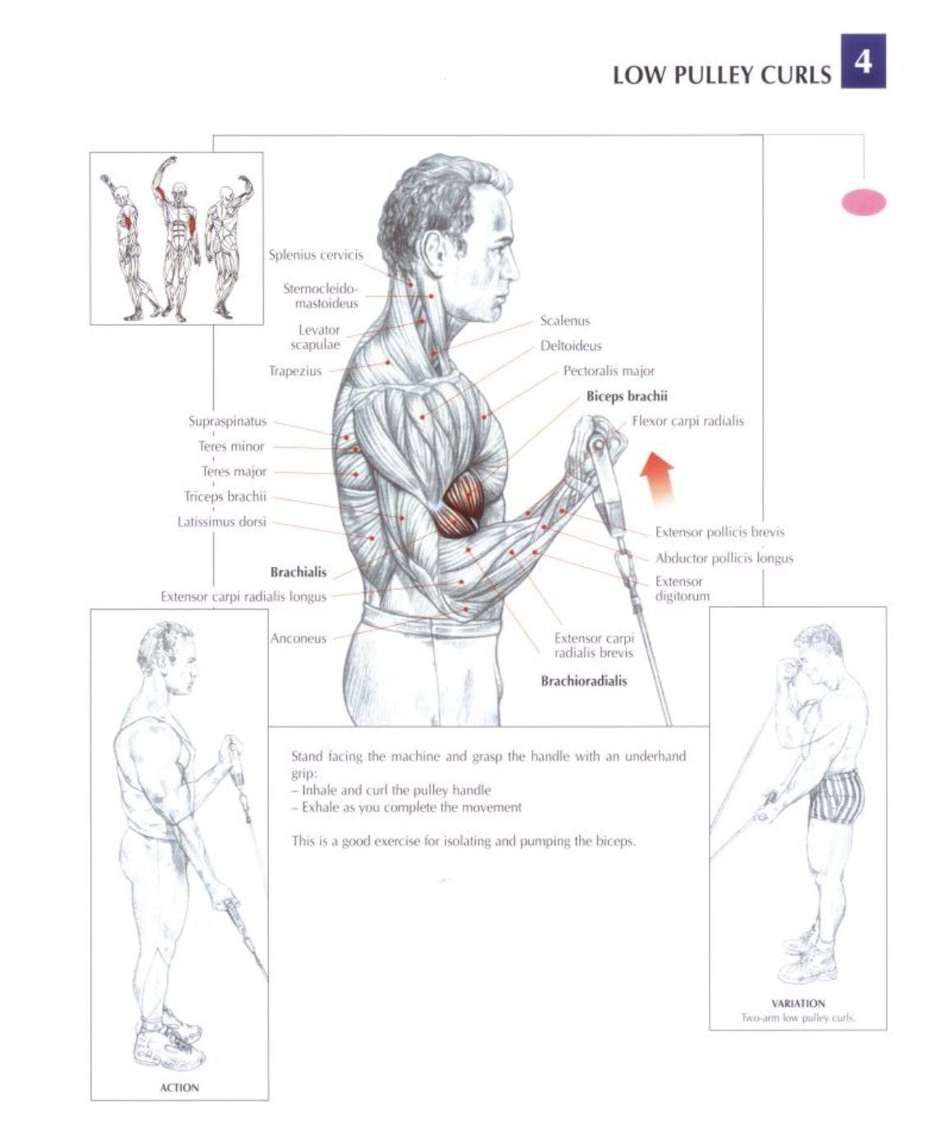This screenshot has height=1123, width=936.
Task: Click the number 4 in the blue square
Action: pyautogui.click(x=863, y=62)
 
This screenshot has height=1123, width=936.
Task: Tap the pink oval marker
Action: pyautogui.click(x=863, y=203)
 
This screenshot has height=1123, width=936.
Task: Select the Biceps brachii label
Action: pyautogui.click(x=627, y=396)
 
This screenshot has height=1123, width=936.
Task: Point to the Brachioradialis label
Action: pyautogui.click(x=583, y=681)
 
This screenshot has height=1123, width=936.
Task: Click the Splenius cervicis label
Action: pyautogui.click(x=316, y=255)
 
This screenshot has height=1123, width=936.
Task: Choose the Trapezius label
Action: pyautogui.click(x=294, y=371)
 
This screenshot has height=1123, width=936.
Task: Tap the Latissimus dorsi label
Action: pyautogui.click(x=221, y=522)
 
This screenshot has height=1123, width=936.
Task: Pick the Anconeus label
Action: pyautogui.click(x=298, y=638)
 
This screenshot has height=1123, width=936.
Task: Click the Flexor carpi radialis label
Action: pyautogui.click(x=688, y=421)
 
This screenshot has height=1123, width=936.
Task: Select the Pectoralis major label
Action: pyautogui.click(x=609, y=371)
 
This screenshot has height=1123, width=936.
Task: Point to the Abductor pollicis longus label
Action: pyautogui.click(x=724, y=559)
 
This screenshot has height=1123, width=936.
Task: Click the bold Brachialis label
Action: pyautogui.click(x=298, y=573)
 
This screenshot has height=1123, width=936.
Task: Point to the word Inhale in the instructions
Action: pyautogui.click(x=320, y=790)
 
